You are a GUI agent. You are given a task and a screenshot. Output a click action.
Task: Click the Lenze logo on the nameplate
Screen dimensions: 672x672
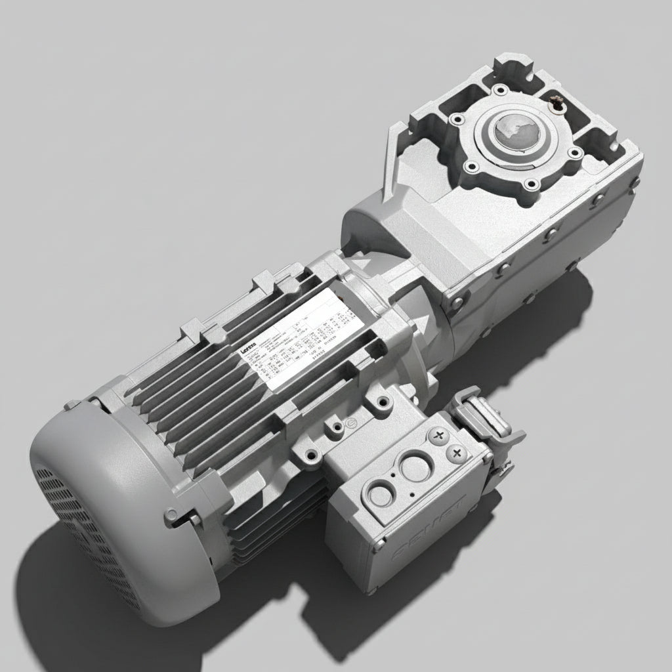click(250, 352)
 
